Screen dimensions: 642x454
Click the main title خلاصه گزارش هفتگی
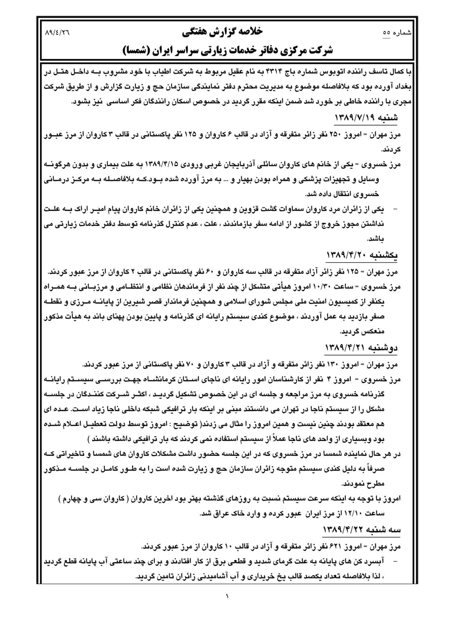click(x=222, y=32)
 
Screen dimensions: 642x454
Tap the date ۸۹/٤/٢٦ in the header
click(x=57, y=32)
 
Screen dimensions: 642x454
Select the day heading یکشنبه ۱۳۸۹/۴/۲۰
click(x=362, y=255)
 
